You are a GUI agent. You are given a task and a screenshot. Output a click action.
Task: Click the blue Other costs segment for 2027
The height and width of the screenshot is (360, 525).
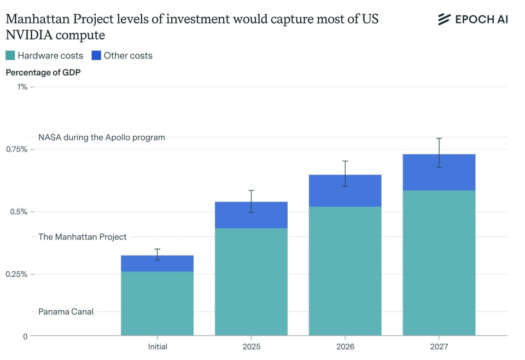[439, 172]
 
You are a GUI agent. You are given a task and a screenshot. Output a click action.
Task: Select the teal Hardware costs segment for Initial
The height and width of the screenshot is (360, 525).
[157, 303]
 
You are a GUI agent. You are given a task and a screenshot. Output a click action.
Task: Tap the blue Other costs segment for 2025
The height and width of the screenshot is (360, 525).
[251, 215]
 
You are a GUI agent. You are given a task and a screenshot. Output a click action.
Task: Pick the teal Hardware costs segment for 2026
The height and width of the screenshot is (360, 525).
[345, 271]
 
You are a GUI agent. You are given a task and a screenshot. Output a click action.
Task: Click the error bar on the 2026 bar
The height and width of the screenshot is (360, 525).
[345, 173]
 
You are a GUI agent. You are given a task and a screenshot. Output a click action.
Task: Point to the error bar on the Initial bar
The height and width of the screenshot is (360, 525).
[157, 254]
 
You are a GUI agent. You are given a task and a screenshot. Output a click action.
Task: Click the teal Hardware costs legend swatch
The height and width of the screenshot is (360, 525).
[10, 55]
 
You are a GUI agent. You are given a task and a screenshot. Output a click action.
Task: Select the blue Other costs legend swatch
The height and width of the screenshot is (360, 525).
[96, 55]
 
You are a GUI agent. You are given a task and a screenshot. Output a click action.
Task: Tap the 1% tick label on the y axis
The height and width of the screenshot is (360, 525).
[22, 87]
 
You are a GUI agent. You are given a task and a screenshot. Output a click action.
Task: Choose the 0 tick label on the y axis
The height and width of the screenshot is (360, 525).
[25, 336]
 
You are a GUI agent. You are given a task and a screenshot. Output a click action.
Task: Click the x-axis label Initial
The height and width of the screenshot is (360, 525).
[157, 346]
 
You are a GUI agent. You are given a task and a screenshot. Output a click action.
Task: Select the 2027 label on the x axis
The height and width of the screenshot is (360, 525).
[439, 346]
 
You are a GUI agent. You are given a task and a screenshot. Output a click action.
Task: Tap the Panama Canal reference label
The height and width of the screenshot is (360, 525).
[66, 312]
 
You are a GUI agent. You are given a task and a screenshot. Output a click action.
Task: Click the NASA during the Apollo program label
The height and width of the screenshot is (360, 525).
[102, 137]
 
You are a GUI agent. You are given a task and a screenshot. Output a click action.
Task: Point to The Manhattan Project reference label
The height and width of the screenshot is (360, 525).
[82, 237]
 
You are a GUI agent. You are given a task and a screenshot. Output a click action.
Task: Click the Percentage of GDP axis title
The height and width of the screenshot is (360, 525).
[43, 72]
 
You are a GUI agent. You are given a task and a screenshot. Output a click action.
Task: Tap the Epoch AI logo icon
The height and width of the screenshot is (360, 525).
[444, 20]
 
